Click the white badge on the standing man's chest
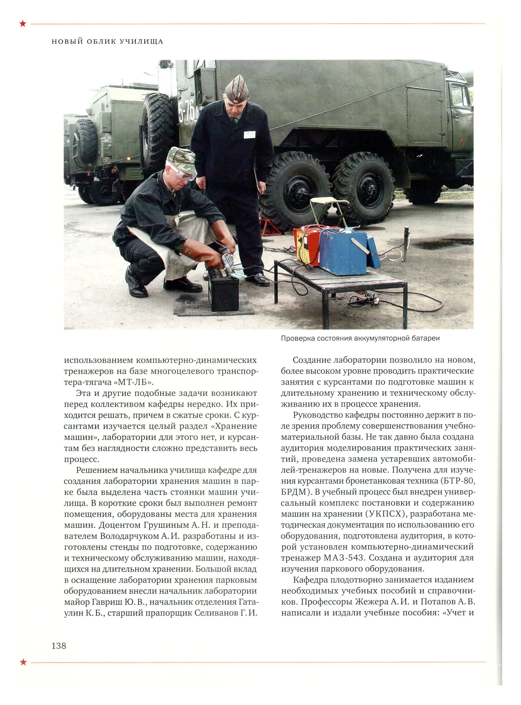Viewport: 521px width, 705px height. pyautogui.click(x=249, y=135)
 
